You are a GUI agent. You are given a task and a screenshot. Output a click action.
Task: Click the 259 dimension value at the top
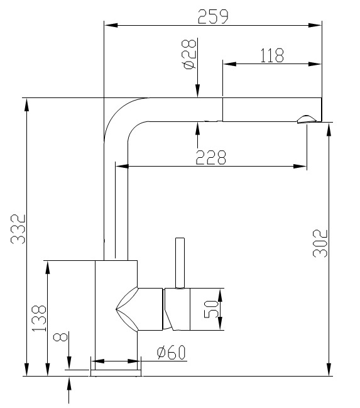pos(213,17)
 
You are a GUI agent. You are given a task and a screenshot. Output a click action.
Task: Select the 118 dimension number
pos(271,55)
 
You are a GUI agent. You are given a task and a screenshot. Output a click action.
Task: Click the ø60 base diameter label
pos(172,353)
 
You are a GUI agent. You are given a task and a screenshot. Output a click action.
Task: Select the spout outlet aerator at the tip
pos(307,119)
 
